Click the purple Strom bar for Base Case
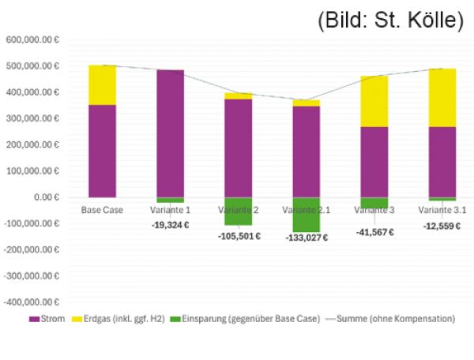point(102,151)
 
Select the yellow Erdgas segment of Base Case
point(102,84)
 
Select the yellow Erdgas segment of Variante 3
point(374,101)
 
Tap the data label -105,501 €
point(238,236)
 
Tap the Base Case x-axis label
point(102,210)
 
